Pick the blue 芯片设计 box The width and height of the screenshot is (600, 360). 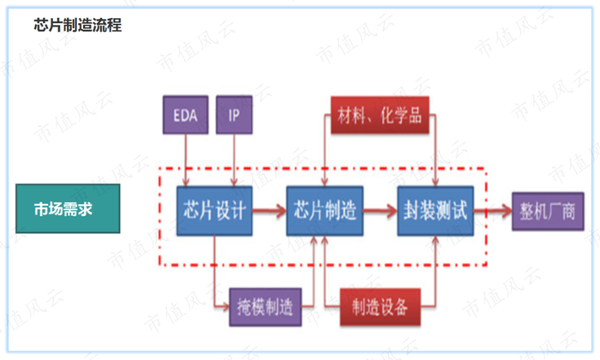(215, 209)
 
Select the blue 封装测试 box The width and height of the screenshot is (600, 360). (436, 209)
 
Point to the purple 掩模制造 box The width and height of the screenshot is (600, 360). (266, 306)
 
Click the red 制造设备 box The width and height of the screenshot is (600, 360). (379, 306)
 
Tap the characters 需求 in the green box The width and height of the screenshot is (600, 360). (80, 209)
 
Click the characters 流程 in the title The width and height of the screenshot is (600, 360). (108, 26)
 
